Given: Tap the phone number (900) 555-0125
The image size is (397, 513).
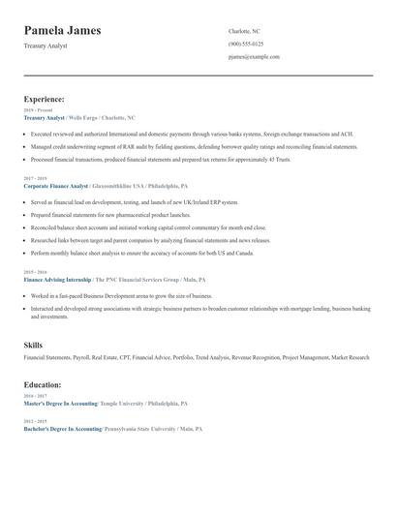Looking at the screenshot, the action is [x=246, y=45].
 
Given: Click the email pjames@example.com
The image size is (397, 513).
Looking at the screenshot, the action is [x=254, y=57].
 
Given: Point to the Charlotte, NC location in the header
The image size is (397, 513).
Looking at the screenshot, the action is [x=244, y=32].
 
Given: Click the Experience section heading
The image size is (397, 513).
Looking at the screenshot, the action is [x=45, y=99].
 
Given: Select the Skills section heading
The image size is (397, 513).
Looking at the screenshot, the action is [x=33, y=346].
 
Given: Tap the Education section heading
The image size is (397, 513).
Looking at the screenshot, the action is [x=43, y=385].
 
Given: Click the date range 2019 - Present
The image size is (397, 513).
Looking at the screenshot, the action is [x=38, y=110].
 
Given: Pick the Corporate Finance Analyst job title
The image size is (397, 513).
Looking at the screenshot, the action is [x=56, y=185].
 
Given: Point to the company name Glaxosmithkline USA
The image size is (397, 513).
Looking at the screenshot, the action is [x=121, y=185].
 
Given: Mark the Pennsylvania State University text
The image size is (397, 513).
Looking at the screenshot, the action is [x=137, y=428].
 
